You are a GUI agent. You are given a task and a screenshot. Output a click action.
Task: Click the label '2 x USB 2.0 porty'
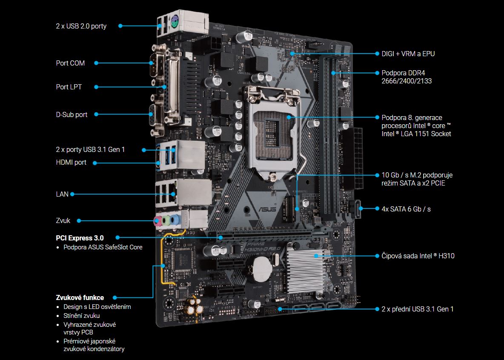pos(81,26)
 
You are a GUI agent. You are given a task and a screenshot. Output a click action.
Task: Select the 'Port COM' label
pos(70,63)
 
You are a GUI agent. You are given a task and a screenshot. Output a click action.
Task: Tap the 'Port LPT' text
pos(69,87)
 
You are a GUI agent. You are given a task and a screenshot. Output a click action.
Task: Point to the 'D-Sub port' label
pos(72,114)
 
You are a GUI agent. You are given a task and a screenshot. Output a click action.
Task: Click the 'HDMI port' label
pos(71,162)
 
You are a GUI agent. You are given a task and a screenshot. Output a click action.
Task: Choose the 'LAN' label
pos(62,194)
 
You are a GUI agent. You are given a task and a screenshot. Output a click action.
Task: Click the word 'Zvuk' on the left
pos(63,220)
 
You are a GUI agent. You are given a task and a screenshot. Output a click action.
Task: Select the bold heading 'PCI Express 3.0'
pos(80,238)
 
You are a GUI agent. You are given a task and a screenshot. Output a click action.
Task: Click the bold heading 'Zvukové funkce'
pos(80,297)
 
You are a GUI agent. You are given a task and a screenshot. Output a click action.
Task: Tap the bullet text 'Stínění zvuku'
pos(82,316)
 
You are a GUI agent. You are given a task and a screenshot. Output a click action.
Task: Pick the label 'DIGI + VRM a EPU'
pos(408,54)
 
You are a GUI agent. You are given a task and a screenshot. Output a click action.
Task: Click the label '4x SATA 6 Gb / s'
pos(406,209)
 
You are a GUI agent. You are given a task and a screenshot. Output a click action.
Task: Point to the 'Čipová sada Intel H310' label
pos(418,256)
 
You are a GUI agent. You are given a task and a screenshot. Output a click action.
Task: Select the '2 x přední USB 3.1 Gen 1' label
pos(418,309)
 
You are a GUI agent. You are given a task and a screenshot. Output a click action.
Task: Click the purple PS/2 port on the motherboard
pos(174,23)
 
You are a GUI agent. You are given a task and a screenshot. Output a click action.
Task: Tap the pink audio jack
pos(157,221)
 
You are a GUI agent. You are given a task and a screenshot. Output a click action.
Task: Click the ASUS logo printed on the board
pos(267,209)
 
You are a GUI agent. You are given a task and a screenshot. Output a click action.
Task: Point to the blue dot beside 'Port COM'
pos(96,63)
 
